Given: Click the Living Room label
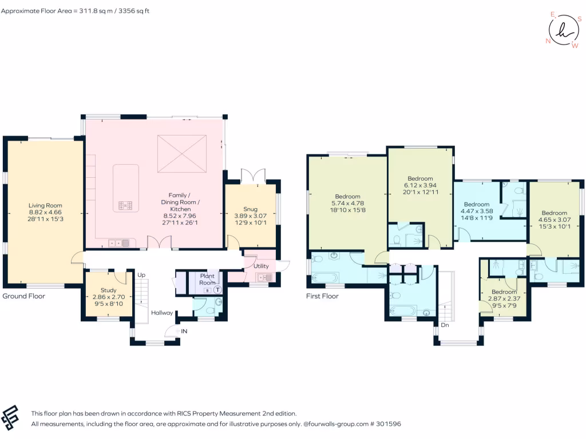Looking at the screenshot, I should coord(45,205).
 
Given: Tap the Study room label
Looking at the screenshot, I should coord(108,290).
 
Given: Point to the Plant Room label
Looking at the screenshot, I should coord(207,279).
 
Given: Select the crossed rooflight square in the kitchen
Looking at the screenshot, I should coord(181,153).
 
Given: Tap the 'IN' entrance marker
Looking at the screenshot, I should coord(184,331).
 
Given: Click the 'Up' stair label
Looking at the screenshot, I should coord(141,275).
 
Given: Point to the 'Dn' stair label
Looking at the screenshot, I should coord(444,325).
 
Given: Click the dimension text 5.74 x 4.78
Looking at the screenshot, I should coord(348,203).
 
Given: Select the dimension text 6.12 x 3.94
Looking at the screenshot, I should coord(420,185).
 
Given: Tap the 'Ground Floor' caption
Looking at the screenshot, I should coord(24,296).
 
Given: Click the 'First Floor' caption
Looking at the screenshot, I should coord(322,296).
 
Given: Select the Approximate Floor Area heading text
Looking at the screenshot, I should coord(75,11).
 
